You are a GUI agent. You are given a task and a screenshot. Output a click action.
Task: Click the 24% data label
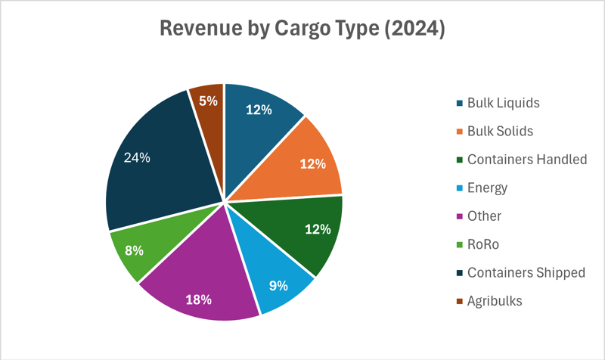(137, 158)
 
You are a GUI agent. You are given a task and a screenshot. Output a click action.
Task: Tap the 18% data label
(198, 299)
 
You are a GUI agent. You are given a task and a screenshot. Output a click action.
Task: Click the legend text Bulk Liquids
(504, 103)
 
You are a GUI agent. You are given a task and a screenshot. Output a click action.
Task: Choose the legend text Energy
(487, 188)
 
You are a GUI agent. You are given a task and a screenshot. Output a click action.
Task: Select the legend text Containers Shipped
(526, 272)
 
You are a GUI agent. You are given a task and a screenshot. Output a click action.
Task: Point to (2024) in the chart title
(411, 30)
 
